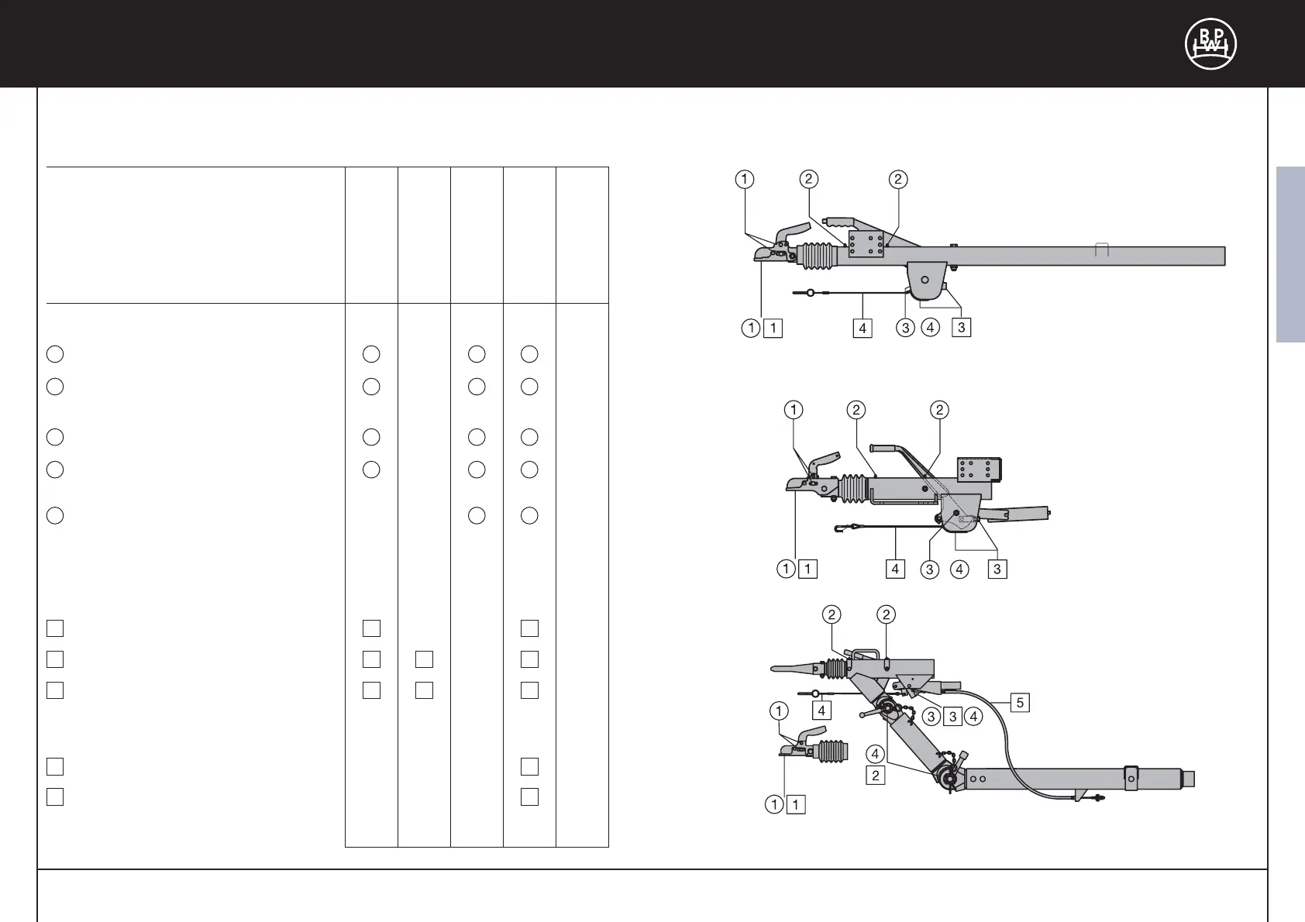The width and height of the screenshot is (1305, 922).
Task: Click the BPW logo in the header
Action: (1210, 44)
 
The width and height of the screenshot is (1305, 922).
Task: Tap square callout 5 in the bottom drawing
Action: (1020, 703)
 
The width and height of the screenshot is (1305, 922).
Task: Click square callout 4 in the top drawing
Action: (863, 328)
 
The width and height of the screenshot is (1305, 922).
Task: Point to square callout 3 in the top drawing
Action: (961, 328)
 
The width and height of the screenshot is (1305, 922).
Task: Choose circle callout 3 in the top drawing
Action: (905, 328)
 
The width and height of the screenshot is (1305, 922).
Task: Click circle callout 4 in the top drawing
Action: (930, 328)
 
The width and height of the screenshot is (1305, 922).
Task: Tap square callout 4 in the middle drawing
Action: (895, 569)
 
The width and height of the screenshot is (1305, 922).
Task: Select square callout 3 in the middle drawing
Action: (997, 569)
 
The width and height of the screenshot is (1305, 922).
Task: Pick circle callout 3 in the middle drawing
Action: (929, 569)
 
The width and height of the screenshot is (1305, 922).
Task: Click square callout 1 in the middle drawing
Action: (807, 569)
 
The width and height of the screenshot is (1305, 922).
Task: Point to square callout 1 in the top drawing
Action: (773, 328)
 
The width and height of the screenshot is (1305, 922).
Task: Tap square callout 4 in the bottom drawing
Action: (821, 709)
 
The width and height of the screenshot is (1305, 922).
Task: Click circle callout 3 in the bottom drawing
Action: (932, 717)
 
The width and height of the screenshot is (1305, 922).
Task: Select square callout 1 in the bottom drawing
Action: (796, 805)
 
